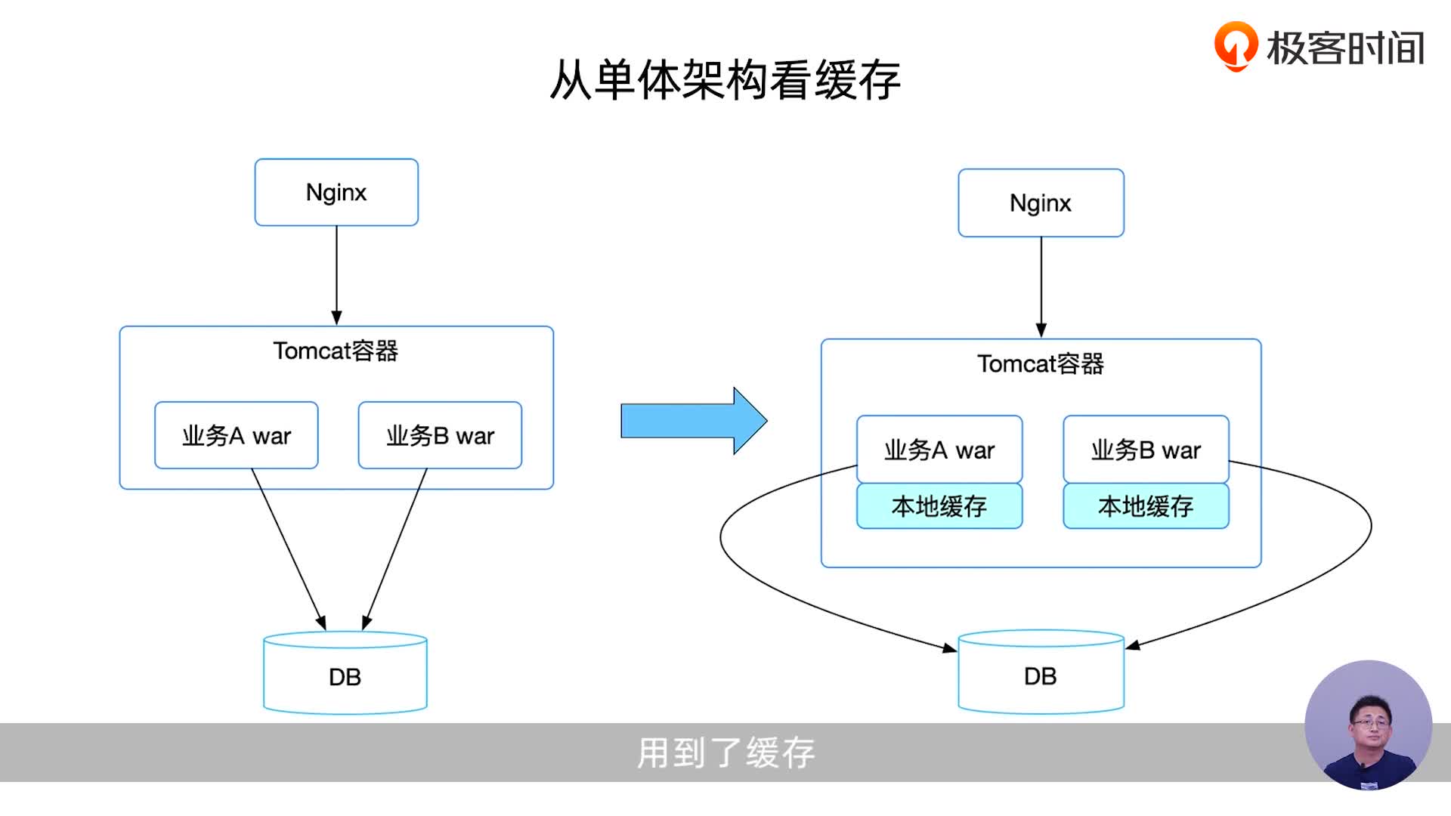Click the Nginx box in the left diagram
tap(336, 192)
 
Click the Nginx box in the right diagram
tap(1041, 202)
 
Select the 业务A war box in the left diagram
tap(236, 435)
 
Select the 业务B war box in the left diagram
tap(440, 435)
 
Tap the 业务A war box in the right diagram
tap(939, 450)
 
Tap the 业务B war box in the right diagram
tap(1146, 450)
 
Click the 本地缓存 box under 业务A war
tap(939, 505)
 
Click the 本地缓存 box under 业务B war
tap(1146, 505)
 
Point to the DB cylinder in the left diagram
tap(345, 675)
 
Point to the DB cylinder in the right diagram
tap(1041, 674)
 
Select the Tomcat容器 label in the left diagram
tap(336, 351)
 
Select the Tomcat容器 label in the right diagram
tap(1041, 363)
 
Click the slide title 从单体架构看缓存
tap(725, 80)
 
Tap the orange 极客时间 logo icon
tap(1235, 45)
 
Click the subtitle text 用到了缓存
tap(725, 753)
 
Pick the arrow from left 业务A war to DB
tap(287, 548)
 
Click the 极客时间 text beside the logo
tap(1345, 48)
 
